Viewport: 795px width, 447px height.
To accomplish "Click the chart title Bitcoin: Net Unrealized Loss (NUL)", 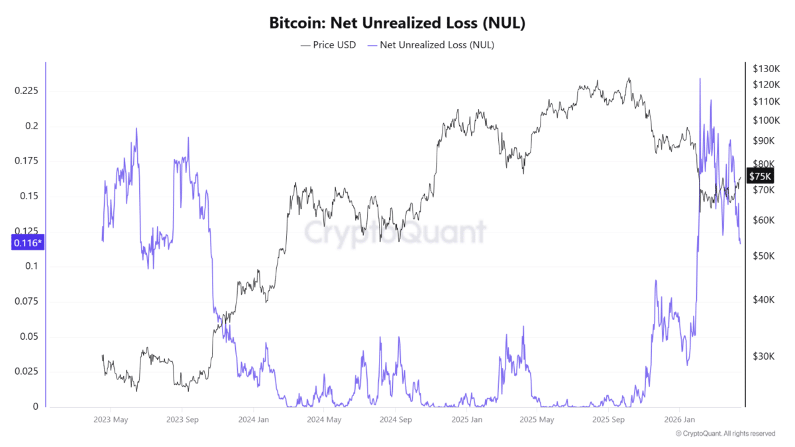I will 397,23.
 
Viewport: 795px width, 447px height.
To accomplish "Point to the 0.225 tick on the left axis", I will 27,91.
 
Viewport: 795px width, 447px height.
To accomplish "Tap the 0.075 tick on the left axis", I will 27,301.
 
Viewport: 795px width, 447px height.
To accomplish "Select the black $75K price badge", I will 759,176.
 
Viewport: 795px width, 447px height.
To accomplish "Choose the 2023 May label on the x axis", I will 111,420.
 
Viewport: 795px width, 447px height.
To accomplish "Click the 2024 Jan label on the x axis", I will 254,420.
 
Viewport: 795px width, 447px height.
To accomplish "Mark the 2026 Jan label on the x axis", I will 680,420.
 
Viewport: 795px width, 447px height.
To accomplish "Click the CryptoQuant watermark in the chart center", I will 395,232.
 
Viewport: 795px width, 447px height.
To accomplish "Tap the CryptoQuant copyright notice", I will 725,434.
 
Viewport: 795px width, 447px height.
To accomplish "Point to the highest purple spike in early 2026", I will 700,79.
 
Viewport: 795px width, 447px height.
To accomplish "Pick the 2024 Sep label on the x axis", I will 396,420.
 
